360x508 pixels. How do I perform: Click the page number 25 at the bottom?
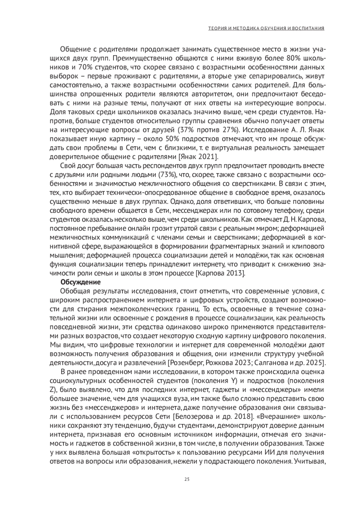point(187,479)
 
